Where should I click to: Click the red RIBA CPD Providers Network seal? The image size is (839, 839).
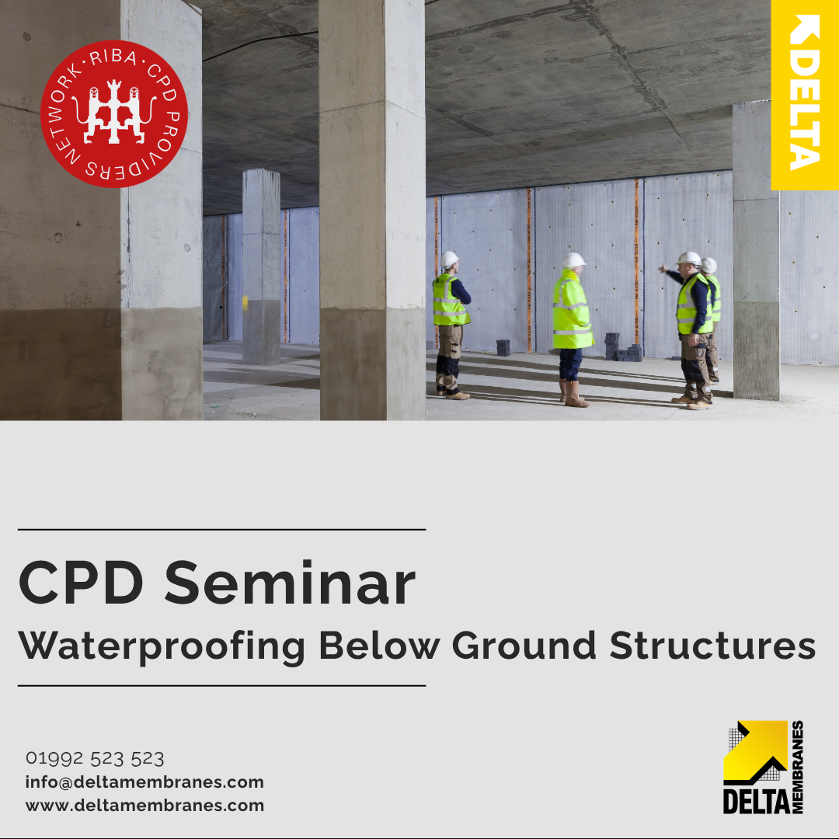(x=114, y=114)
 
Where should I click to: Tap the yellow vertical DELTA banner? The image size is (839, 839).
(x=805, y=95)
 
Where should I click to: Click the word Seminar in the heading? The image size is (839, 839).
(x=290, y=583)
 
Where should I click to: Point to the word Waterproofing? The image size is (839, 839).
(x=162, y=646)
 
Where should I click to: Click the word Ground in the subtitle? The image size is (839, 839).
(x=524, y=646)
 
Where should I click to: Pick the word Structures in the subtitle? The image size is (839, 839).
(x=712, y=646)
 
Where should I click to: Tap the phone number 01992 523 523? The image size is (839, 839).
(x=95, y=758)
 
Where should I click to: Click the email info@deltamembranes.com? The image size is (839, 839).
(x=144, y=782)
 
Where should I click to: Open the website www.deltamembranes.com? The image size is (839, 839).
(x=144, y=806)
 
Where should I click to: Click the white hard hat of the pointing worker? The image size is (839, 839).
(x=688, y=259)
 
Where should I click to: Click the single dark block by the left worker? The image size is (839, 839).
(x=503, y=348)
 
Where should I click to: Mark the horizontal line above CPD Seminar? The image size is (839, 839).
(x=222, y=529)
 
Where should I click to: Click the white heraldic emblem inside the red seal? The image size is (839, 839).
(x=114, y=112)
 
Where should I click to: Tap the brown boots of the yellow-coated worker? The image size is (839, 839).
(x=573, y=394)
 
